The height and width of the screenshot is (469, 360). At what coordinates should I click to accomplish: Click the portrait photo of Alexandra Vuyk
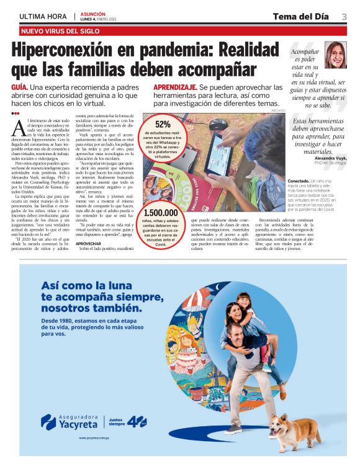click(x=335, y=55)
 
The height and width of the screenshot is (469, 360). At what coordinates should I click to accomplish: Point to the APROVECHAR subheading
click(x=88, y=244)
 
